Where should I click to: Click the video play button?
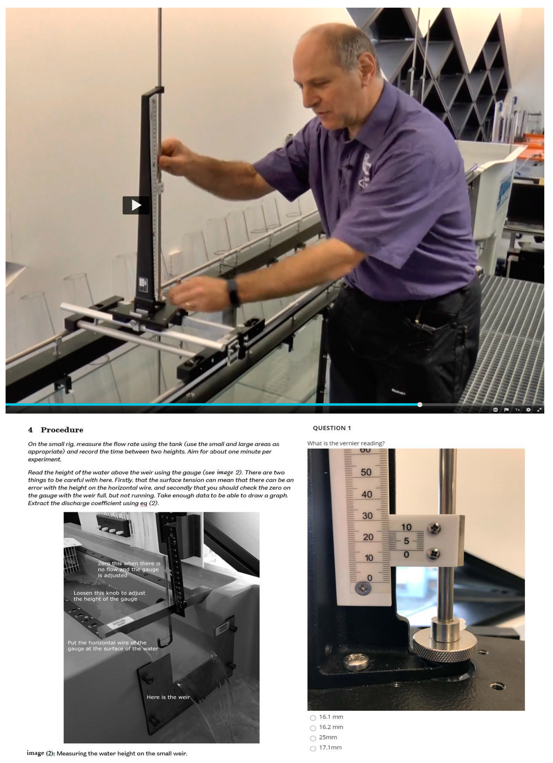136,205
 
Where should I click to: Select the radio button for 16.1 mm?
313,718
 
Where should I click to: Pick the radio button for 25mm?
313,738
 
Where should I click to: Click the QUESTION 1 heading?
332,428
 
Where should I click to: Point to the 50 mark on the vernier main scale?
366,472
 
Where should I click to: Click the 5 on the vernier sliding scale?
407,541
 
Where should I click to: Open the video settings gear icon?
528,410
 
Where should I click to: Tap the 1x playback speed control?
517,410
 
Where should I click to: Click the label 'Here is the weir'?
168,697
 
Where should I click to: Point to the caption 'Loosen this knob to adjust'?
109,593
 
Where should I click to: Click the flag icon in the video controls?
506,410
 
